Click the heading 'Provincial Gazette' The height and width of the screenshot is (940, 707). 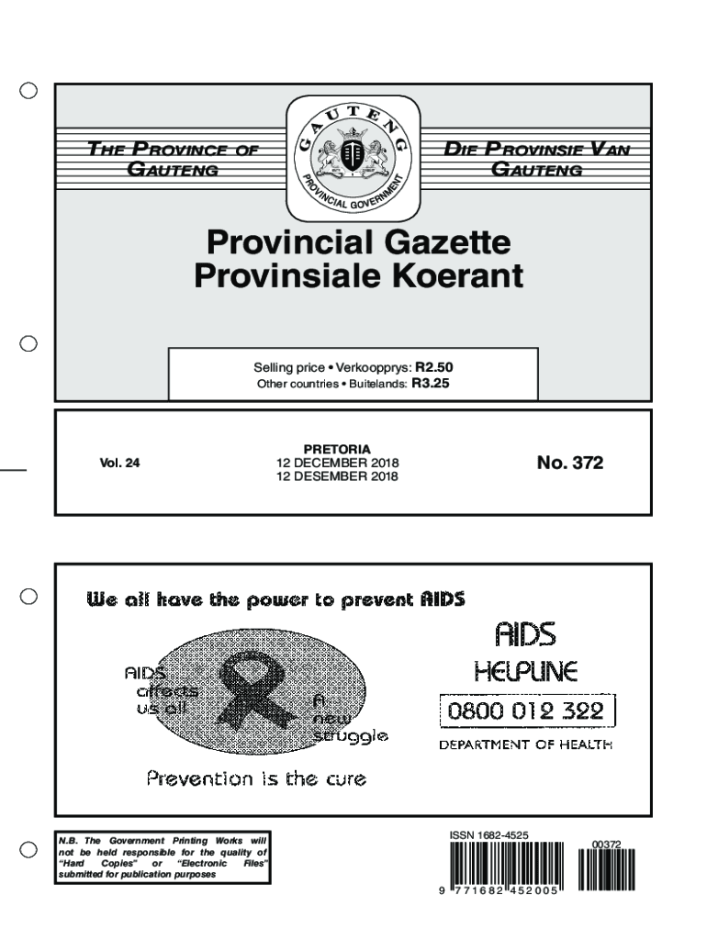tap(358, 243)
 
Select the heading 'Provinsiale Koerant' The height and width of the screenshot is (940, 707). tap(358, 275)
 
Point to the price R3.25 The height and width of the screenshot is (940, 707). tap(430, 385)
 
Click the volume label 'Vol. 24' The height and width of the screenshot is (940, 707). tap(120, 464)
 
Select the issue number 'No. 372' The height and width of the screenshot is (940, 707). tap(570, 464)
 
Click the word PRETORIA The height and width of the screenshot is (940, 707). tap(337, 450)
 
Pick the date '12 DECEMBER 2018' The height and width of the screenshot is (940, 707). tap(337, 464)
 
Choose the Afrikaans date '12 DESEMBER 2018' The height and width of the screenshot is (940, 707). tap(337, 476)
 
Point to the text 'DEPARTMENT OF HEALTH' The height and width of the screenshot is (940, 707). tap(525, 745)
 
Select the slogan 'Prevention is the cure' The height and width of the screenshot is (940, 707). tap(256, 779)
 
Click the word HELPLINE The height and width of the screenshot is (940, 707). tap(525, 673)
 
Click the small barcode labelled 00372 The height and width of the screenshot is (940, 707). tap(606, 867)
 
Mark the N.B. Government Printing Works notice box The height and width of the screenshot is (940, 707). tap(163, 857)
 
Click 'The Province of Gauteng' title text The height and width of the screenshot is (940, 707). tap(173, 159)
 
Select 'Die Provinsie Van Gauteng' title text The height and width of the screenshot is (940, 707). tap(537, 159)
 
